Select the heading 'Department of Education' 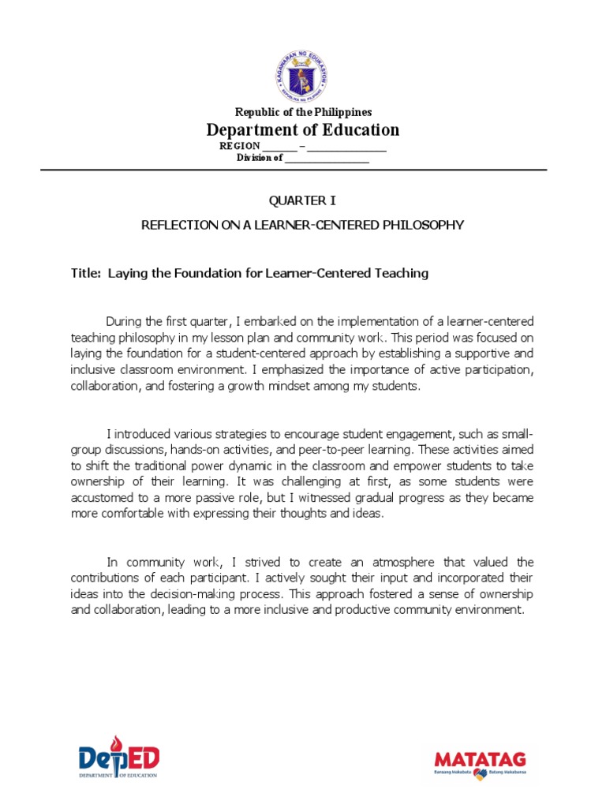coord(303,129)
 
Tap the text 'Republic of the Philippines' coord(303,112)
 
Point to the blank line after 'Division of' coord(327,158)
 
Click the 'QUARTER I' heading coord(303,201)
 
